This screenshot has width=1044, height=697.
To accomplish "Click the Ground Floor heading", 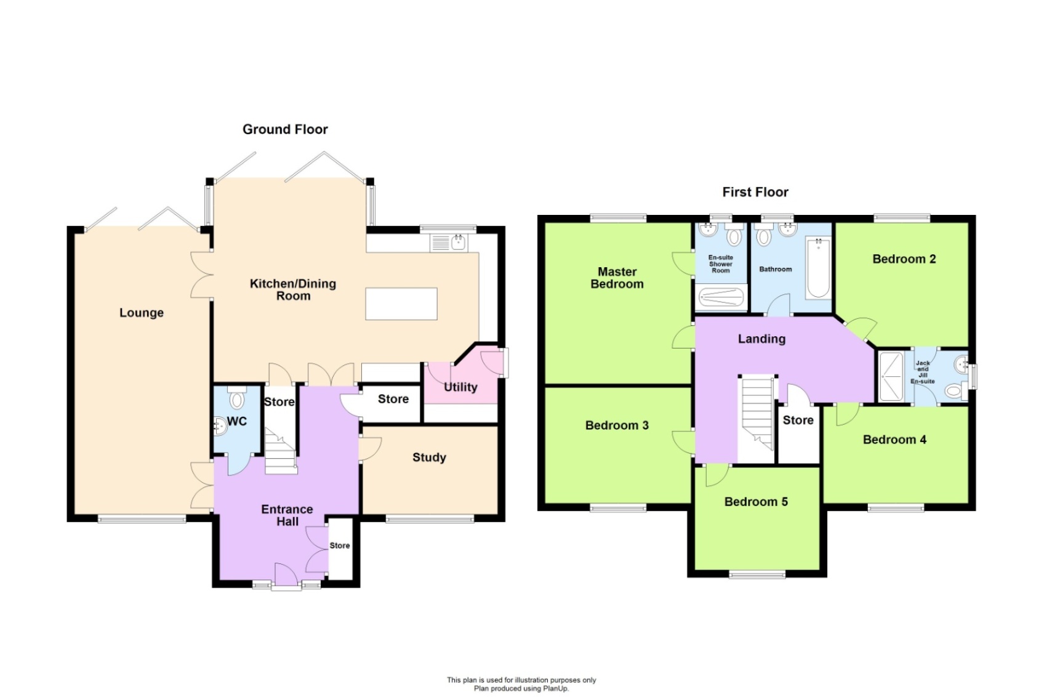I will (285, 129).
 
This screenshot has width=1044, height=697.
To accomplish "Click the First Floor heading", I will (755, 192).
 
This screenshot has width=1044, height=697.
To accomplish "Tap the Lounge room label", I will (141, 313).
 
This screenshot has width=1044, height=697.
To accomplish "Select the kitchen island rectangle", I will (401, 304).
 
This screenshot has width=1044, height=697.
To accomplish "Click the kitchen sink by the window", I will (458, 243).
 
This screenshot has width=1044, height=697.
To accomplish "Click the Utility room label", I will (460, 387).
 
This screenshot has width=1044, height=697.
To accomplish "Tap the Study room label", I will (429, 457).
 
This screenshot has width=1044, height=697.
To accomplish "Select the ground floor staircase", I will (281, 453).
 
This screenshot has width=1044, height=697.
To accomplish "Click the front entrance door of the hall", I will (286, 577).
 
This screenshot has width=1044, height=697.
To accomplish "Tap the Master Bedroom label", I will (617, 278).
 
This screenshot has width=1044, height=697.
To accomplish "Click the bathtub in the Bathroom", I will (818, 268).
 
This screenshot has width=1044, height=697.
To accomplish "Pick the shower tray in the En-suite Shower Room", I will (721, 298).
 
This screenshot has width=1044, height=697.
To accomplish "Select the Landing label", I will (761, 339).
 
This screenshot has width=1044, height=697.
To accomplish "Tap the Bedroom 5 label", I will (756, 502).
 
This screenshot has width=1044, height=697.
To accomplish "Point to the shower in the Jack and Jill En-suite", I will (890, 377).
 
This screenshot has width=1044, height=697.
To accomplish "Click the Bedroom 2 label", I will (904, 259).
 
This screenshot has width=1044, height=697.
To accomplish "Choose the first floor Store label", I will (798, 421).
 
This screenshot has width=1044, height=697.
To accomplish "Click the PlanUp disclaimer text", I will (521, 684).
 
